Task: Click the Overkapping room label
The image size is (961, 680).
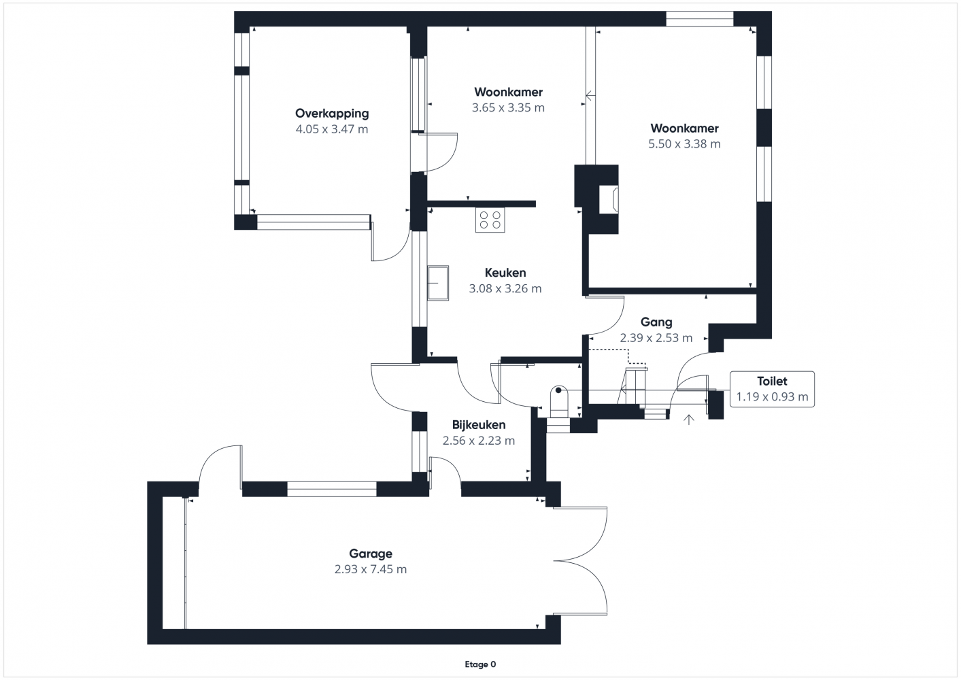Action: (332, 114)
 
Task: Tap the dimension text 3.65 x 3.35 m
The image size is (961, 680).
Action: (508, 107)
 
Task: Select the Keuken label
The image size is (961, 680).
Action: (505, 273)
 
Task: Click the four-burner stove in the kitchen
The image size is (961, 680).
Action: (490, 219)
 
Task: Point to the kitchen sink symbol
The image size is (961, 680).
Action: (438, 282)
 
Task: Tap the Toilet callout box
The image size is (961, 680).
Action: (772, 389)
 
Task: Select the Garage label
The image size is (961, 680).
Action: (371, 554)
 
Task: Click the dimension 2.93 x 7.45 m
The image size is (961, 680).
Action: (371, 569)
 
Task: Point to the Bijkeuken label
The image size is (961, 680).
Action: (479, 425)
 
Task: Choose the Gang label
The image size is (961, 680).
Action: (656, 322)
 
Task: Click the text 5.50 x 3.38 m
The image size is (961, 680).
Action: (684, 143)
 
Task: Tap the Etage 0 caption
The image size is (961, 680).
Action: (480, 664)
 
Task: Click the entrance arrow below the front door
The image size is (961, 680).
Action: (689, 420)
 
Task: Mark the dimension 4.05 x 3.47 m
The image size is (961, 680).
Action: (332, 129)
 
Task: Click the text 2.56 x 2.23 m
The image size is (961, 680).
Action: (479, 441)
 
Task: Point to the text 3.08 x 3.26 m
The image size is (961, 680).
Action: (505, 288)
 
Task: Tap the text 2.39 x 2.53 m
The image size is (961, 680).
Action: (656, 338)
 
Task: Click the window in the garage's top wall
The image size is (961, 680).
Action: (331, 488)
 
